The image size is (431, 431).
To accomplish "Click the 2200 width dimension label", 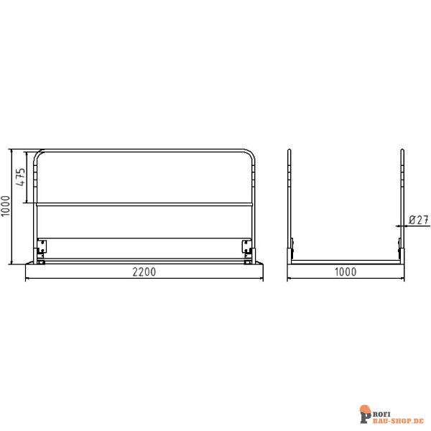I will (x=144, y=272).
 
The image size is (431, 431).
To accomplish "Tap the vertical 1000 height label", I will (x=6, y=208).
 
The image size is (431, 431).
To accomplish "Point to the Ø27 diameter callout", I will (x=419, y=219).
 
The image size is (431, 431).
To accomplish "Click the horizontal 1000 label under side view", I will (x=346, y=272).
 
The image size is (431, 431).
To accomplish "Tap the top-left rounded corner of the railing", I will (x=39, y=154).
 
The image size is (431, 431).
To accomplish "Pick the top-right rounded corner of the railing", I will (x=250, y=154).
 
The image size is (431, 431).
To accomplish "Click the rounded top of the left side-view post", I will (x=289, y=151).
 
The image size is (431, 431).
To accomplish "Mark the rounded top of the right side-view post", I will (x=402, y=151).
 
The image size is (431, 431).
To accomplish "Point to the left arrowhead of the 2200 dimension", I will (x=27, y=277).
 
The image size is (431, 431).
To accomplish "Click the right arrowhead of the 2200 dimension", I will (x=260, y=277).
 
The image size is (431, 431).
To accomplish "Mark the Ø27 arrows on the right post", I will (x=402, y=225).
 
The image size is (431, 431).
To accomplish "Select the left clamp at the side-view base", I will (x=291, y=251).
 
